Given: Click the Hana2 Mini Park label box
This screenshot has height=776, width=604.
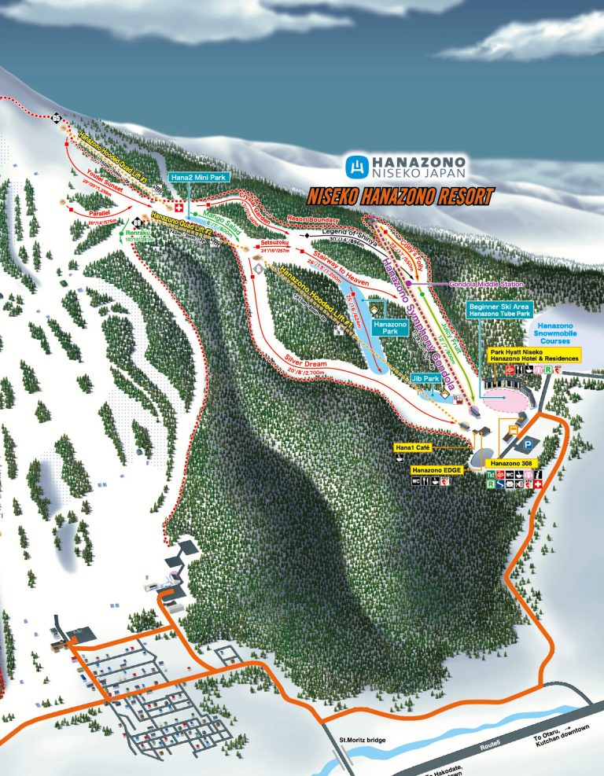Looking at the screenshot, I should click(197, 178).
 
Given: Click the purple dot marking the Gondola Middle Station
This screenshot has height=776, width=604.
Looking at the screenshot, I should click(408, 283).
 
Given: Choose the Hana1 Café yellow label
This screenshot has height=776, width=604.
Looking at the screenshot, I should click(411, 447).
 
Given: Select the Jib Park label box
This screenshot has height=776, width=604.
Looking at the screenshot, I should click(425, 378).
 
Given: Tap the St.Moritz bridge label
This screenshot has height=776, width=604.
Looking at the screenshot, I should click(363, 740).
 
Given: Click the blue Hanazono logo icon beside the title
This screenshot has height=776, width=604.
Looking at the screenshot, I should click(358, 167).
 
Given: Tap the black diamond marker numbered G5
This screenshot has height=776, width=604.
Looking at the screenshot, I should click(57, 118).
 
